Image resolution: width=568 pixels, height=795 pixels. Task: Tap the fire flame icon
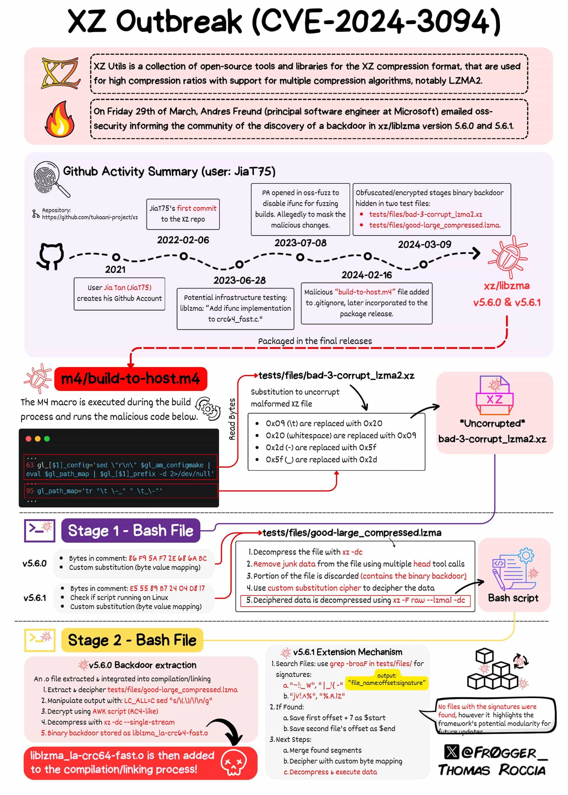(60, 119)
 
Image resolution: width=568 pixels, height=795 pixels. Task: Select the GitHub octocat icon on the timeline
(50, 256)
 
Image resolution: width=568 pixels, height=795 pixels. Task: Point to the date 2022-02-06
(183, 240)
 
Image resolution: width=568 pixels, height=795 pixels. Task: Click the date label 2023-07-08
(300, 243)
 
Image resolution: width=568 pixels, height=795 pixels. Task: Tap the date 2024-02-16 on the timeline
(366, 275)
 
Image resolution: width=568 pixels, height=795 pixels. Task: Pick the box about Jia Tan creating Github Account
(119, 293)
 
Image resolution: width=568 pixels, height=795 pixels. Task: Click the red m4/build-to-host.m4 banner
(131, 379)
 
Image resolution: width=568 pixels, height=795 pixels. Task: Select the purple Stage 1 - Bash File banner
(131, 531)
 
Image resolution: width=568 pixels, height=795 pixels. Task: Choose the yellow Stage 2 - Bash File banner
(132, 640)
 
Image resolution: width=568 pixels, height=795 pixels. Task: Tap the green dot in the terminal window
(47, 439)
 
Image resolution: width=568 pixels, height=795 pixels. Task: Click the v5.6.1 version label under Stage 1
(35, 598)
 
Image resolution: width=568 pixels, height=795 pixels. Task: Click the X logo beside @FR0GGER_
(452, 752)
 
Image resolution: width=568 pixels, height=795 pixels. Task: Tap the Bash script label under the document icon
(513, 598)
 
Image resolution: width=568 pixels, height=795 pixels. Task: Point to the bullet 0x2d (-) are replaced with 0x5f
(321, 447)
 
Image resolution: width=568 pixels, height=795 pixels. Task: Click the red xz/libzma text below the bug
(507, 285)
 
